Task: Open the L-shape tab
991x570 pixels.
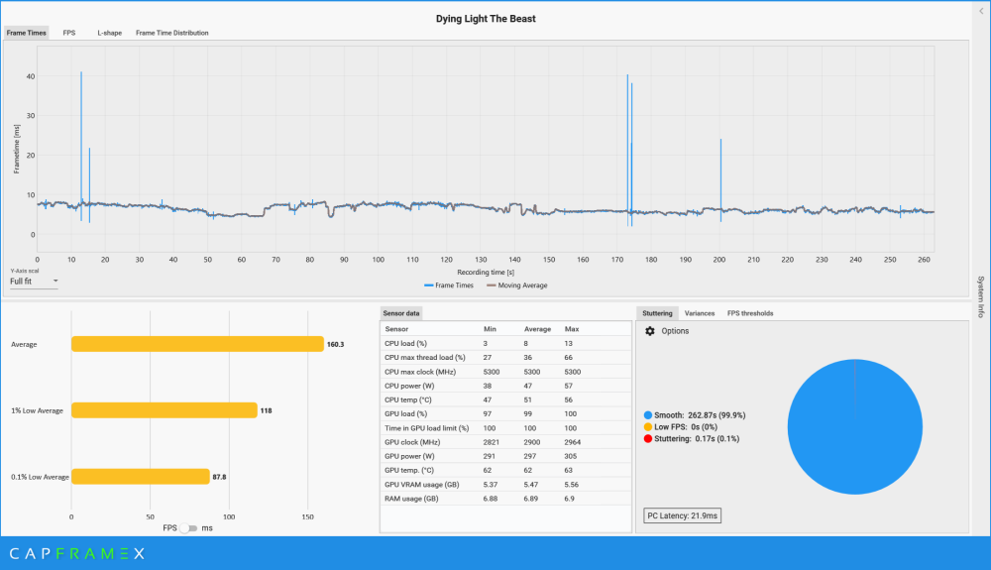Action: (x=109, y=33)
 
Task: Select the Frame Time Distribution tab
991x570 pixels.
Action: (x=171, y=33)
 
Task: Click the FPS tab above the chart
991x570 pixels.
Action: (x=69, y=33)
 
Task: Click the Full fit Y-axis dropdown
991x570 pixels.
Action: (x=34, y=282)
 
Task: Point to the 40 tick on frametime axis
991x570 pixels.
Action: (x=31, y=76)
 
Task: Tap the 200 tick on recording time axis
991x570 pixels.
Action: (x=718, y=260)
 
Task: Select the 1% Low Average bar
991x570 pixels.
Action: (x=164, y=410)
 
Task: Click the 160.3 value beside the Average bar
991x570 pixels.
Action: (x=337, y=344)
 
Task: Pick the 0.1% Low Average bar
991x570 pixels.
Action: (x=140, y=477)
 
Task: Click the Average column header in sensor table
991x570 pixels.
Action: (x=537, y=329)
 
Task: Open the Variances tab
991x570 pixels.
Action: (x=701, y=313)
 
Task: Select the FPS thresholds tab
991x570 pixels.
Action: (x=750, y=313)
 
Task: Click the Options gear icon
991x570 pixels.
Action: (x=650, y=331)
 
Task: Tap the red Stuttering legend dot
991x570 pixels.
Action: (x=647, y=438)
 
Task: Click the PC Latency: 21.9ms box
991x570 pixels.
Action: (x=683, y=516)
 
